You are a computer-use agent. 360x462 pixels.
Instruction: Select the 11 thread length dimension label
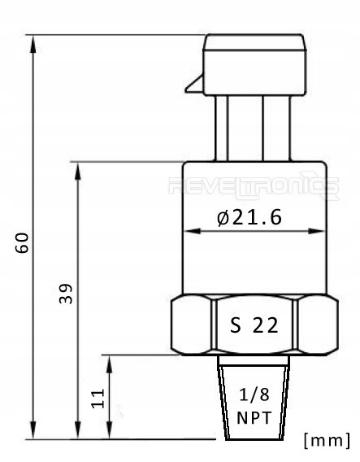98,398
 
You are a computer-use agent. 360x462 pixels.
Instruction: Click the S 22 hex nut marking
254,325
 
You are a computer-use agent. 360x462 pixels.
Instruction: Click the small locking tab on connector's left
193,84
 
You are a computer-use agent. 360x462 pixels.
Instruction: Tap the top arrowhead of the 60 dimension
33,41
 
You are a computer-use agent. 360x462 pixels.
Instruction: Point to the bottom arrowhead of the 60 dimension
33,432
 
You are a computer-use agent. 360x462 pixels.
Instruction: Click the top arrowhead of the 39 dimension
78,168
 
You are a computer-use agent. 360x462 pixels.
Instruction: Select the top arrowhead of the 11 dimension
111,360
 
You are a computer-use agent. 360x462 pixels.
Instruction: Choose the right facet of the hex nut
318,325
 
